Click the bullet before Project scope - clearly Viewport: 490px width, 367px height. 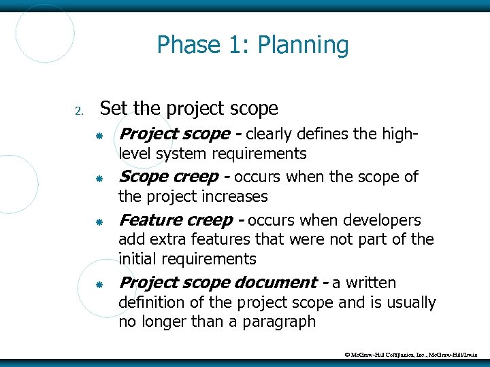pos(99,137)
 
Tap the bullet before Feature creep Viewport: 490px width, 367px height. pos(99,222)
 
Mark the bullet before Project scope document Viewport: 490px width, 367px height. pos(99,285)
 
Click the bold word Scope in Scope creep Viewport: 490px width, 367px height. pos(143,177)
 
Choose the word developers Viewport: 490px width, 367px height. pos(382,220)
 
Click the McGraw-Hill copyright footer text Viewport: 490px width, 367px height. pos(412,355)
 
